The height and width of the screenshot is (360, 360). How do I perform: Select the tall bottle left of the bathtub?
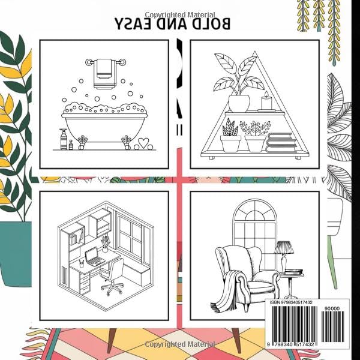[62, 139]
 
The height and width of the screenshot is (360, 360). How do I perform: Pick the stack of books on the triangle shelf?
[280, 142]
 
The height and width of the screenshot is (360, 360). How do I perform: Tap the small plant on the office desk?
[106, 242]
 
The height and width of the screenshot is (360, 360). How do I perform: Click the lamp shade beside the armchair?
[283, 247]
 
